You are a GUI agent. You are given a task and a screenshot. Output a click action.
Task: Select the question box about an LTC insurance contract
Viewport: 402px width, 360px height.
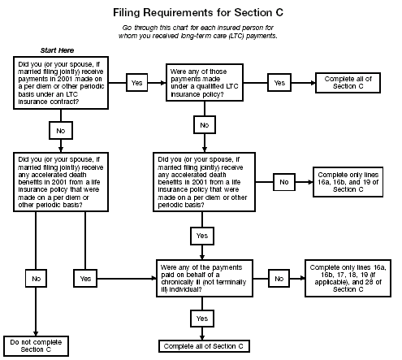64,82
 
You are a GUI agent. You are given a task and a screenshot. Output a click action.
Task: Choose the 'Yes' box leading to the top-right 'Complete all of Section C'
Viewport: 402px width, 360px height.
279,82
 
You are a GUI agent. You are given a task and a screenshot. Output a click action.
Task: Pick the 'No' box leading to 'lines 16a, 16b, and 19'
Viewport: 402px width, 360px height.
284,183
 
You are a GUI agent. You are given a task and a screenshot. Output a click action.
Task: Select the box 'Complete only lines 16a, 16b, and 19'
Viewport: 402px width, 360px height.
347,183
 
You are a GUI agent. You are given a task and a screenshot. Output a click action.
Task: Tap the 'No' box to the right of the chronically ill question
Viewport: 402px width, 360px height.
279,277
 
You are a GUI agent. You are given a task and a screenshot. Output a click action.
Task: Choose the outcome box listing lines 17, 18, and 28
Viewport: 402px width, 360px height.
348,277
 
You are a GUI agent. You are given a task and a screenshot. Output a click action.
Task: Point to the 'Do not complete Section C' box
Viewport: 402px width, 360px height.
35,345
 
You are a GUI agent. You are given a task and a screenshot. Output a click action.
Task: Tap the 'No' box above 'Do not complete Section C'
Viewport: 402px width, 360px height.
35,278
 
